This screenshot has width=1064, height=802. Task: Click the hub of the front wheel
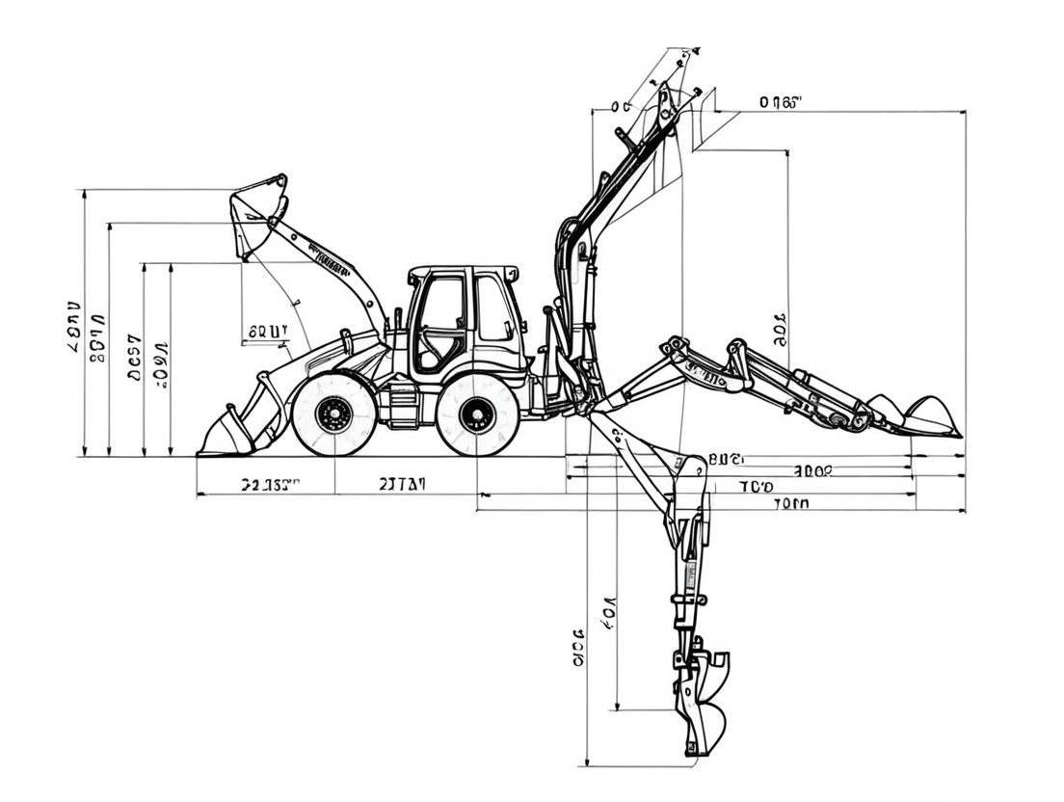[334, 414]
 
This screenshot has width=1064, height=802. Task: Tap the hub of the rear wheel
[477, 415]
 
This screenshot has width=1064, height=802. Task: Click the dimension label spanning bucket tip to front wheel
[270, 485]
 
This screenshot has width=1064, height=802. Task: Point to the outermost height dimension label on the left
[73, 327]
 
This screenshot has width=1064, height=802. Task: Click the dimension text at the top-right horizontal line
[780, 102]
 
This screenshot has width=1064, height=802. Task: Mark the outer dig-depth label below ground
[577, 648]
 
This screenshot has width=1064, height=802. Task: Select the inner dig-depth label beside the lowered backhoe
[608, 613]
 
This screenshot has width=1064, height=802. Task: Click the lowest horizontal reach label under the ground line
[790, 502]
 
